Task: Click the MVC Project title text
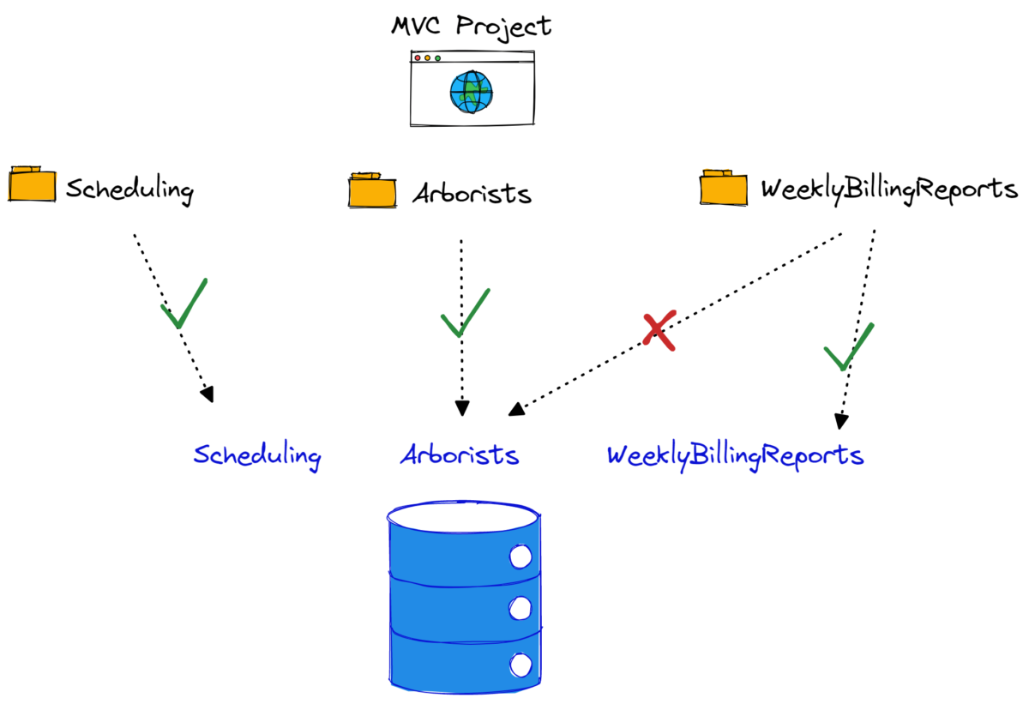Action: (472, 26)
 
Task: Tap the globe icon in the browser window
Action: (472, 91)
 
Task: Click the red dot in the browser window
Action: (418, 58)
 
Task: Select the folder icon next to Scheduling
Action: (32, 184)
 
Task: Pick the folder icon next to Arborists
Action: (372, 190)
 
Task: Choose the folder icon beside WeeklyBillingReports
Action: (723, 186)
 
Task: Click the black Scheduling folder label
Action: (129, 190)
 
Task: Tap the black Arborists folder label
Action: (472, 194)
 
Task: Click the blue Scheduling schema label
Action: (256, 455)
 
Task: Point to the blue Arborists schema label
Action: (460, 454)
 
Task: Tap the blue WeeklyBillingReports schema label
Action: (735, 455)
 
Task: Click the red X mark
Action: (659, 331)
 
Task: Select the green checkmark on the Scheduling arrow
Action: (183, 304)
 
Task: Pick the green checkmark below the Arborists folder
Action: (464, 313)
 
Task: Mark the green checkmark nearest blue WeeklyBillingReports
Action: (847, 347)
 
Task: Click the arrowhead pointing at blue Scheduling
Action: (206, 394)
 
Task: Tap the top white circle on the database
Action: (521, 557)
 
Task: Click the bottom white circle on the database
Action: (521, 664)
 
